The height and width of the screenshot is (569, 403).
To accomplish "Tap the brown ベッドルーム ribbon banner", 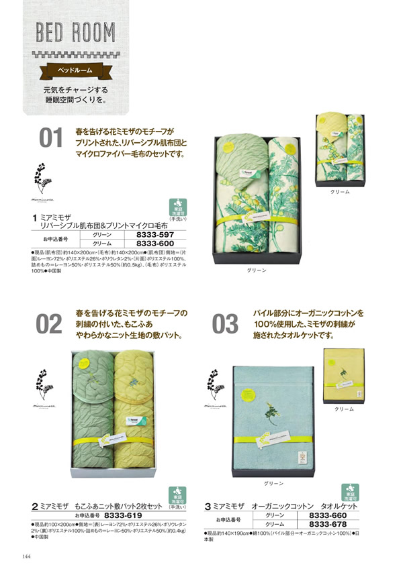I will coord(71,70).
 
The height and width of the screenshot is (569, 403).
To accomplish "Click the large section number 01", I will coord(50,140).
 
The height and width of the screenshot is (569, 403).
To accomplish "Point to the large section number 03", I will coord(225,324).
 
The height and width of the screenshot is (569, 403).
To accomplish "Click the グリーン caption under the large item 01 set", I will coord(257,270).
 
